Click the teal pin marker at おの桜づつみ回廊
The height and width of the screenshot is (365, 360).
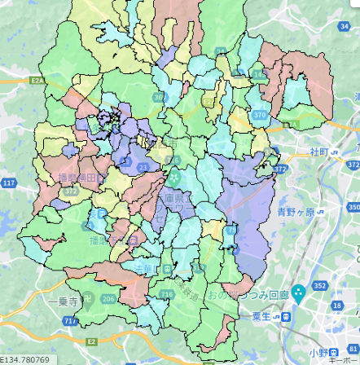pos(298,292)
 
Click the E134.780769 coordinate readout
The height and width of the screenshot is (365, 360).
pos(24,359)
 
